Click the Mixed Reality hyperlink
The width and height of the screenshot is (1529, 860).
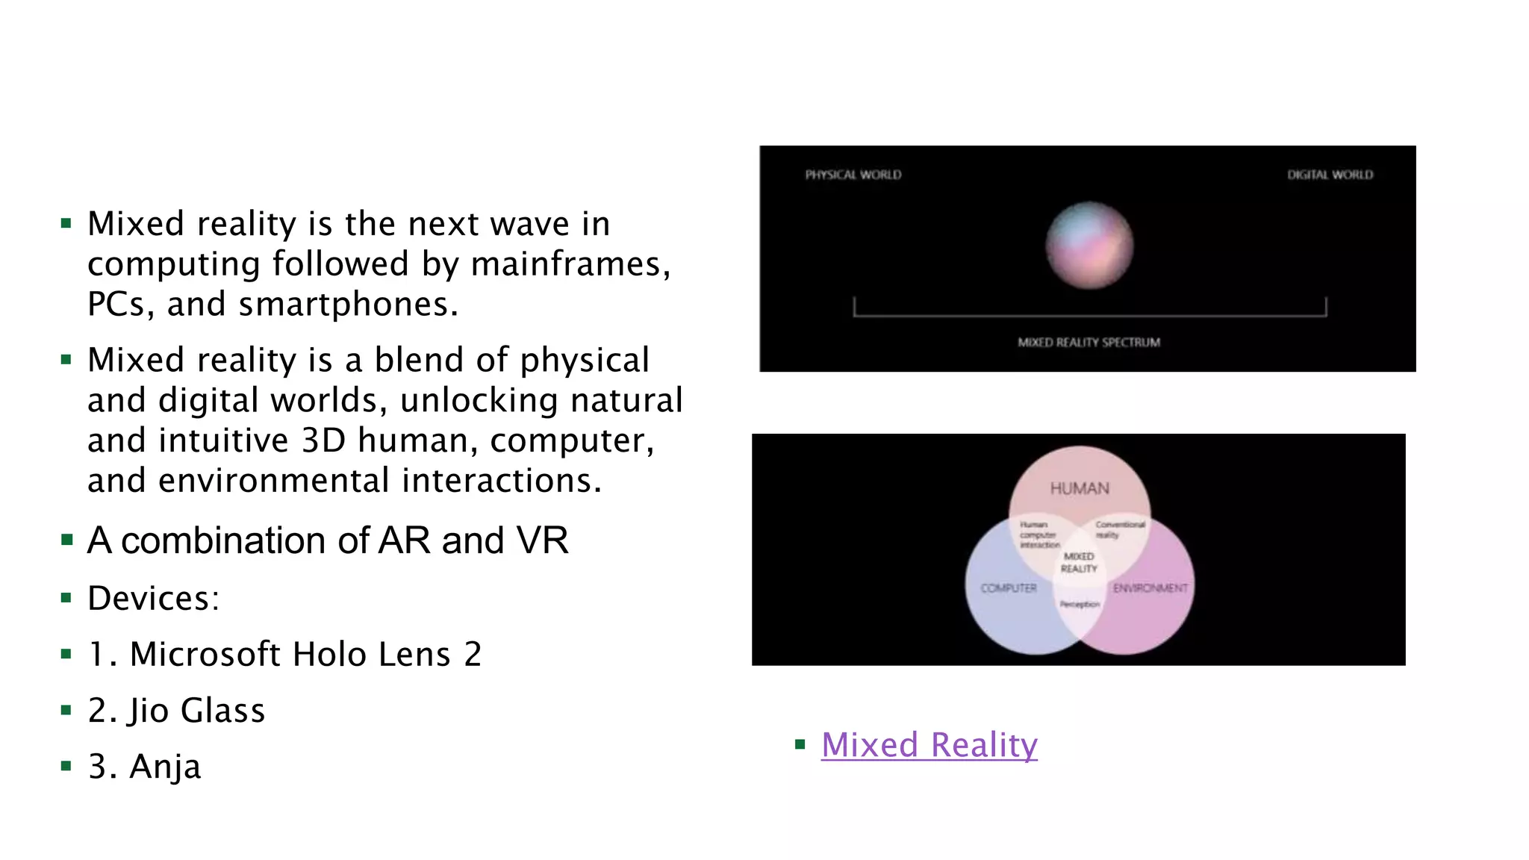929,745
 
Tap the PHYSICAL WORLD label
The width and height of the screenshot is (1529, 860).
853,175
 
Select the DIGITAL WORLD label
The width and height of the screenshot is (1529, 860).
1330,175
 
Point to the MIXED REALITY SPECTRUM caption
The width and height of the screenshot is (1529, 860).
1089,343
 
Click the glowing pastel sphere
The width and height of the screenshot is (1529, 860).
1089,245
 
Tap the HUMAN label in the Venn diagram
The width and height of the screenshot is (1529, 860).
1080,489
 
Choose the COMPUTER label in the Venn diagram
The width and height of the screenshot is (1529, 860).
1009,588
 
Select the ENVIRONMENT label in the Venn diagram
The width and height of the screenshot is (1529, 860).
1150,588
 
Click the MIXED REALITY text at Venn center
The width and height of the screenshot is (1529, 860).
1079,563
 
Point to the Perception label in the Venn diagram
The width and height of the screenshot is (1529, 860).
1080,604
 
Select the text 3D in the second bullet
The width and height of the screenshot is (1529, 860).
323,440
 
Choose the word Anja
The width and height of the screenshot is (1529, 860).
165,767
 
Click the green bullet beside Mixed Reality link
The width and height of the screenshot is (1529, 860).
800,744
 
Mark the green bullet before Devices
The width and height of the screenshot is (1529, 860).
66,598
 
